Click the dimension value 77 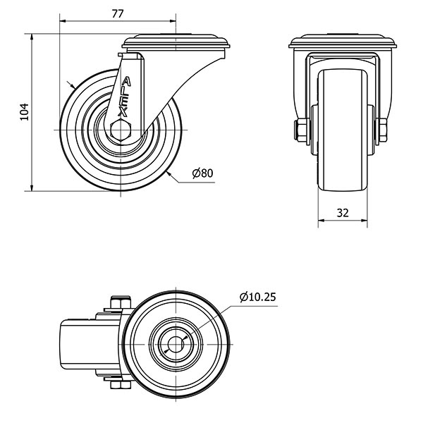[118, 13]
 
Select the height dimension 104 [25, 112]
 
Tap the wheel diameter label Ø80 [203, 173]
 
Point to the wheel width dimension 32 [343, 212]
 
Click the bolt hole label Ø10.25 [257, 297]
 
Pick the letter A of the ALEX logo [126, 82]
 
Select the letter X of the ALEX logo [123, 112]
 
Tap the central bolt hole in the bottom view [176, 345]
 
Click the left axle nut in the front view [302, 130]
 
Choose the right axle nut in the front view [382, 130]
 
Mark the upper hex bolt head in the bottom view [121, 302]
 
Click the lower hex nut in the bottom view [121, 385]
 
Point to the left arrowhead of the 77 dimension [63, 20]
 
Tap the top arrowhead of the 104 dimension [32, 37]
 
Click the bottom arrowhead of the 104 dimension [32, 188]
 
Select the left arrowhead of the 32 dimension [321, 220]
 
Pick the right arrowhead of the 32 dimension [364, 220]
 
